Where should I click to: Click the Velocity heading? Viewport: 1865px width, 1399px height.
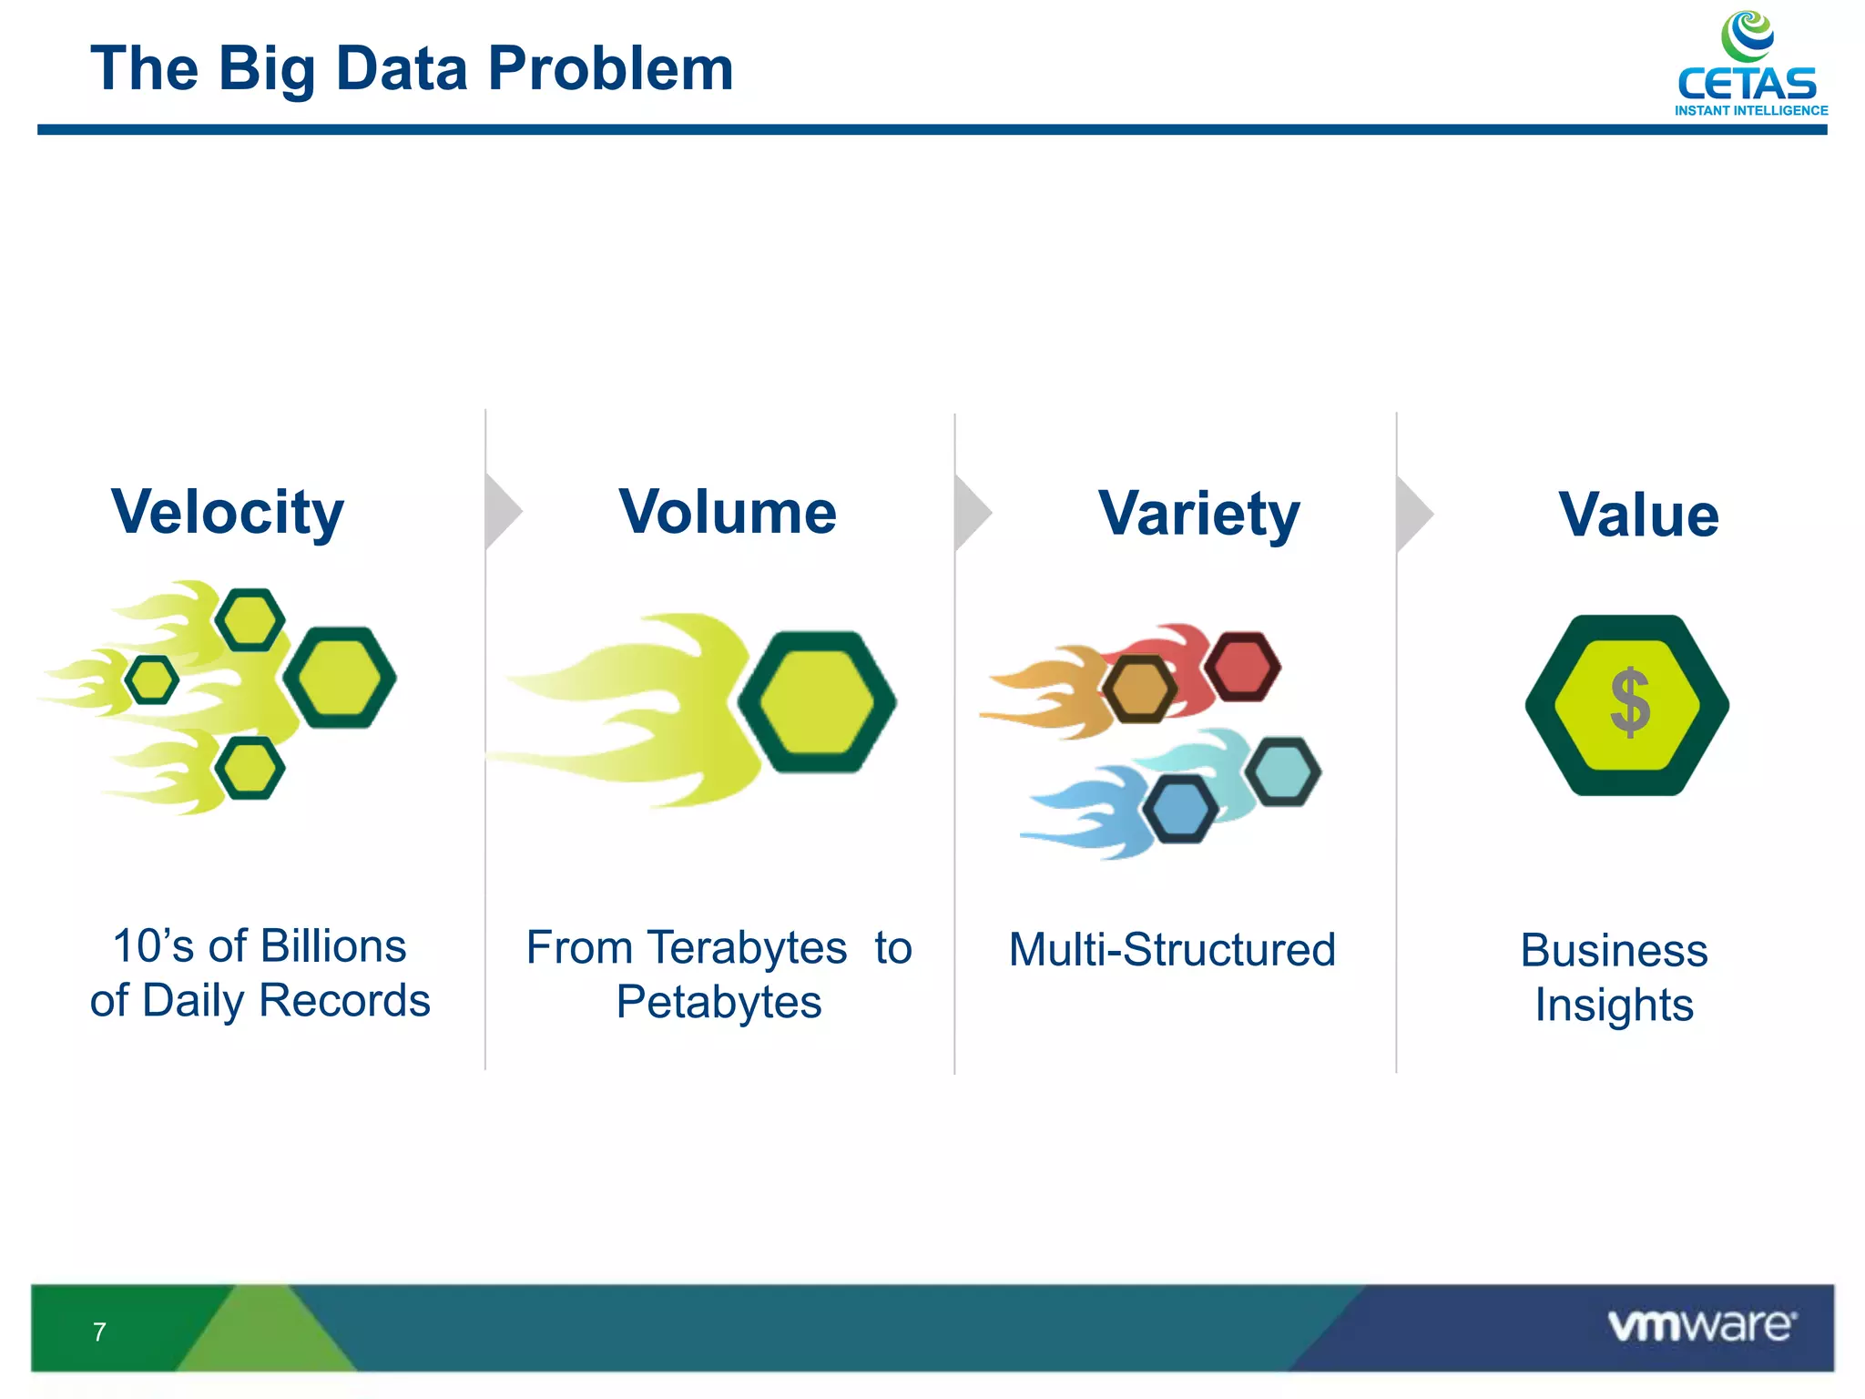(x=228, y=513)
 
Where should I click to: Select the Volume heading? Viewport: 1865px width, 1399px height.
(x=728, y=513)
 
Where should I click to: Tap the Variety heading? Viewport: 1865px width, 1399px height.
(x=1199, y=515)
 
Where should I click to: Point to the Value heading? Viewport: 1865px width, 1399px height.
(x=1638, y=516)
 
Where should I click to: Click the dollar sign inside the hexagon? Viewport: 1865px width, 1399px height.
(x=1629, y=702)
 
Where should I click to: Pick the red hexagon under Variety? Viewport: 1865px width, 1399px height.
(x=1242, y=667)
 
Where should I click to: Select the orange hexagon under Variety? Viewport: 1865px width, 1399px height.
(x=1140, y=689)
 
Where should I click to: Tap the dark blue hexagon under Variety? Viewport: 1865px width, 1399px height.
(x=1180, y=810)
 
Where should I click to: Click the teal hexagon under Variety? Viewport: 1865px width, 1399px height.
(x=1282, y=772)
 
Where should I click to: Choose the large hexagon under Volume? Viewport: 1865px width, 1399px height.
(x=817, y=702)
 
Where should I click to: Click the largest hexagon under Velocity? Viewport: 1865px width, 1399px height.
(x=340, y=678)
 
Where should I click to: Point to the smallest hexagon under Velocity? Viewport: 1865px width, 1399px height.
(x=151, y=679)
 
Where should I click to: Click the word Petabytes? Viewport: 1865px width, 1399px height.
(x=718, y=1003)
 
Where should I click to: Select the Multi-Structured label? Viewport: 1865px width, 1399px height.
(x=1172, y=950)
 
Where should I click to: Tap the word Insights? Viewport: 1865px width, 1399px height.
(x=1614, y=1006)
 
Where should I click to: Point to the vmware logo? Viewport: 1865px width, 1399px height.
(x=1701, y=1325)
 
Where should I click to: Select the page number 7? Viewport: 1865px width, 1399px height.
(x=99, y=1333)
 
